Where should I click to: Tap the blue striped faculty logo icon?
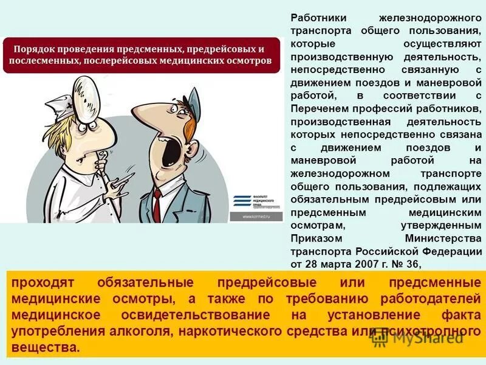pos(242,200)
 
